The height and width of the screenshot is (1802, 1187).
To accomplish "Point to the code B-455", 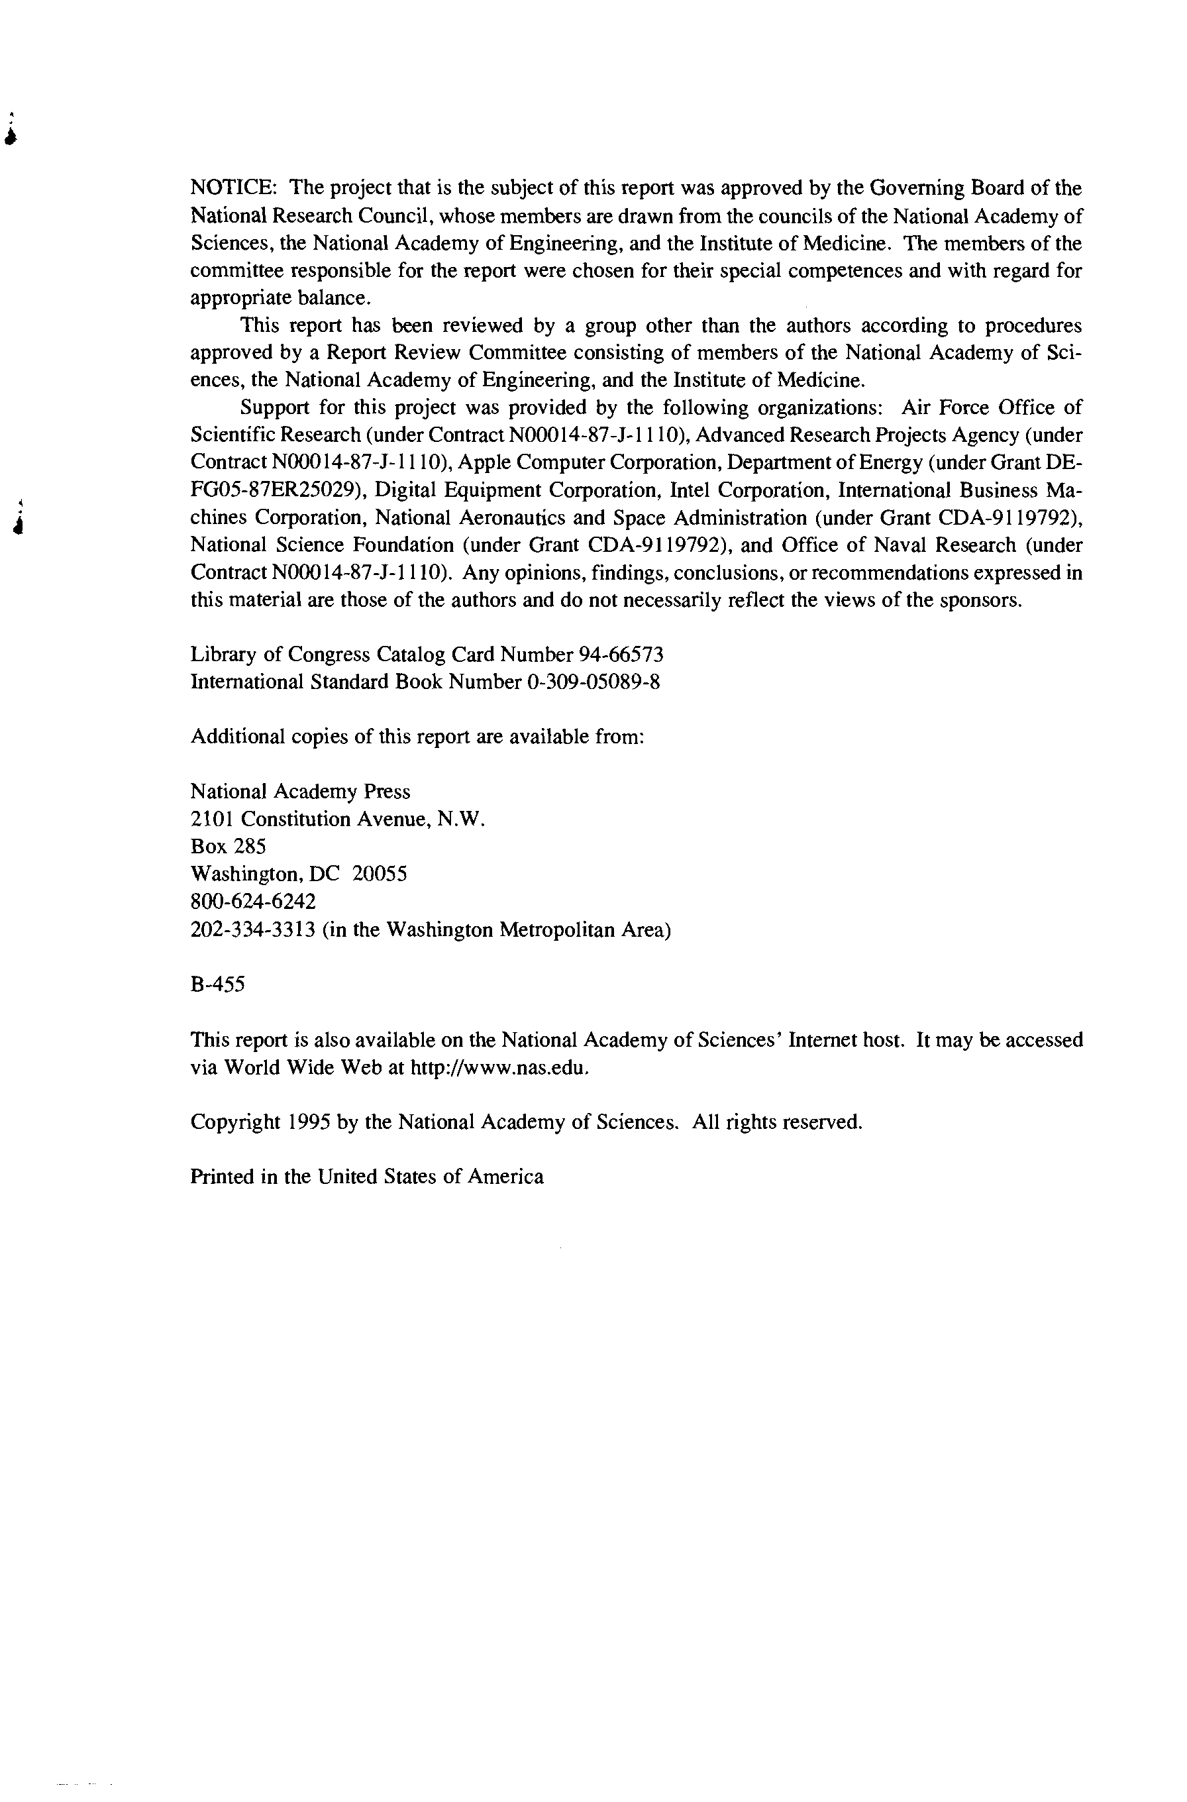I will [x=217, y=985].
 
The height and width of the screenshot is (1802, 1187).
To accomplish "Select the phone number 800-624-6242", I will [x=253, y=902].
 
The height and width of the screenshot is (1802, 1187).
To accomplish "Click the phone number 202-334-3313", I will [x=253, y=929].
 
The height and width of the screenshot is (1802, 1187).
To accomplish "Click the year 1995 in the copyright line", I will [x=308, y=1122].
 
